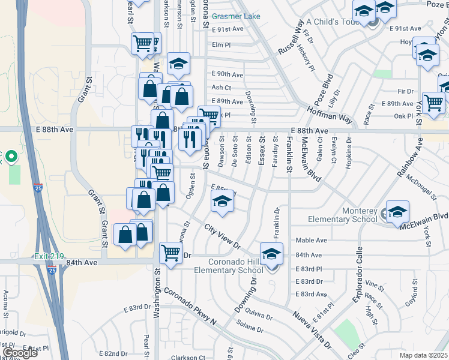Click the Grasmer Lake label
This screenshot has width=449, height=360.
pos(236,16)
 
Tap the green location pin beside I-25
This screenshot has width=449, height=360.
pos(11,155)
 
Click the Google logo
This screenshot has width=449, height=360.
pos(20,353)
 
